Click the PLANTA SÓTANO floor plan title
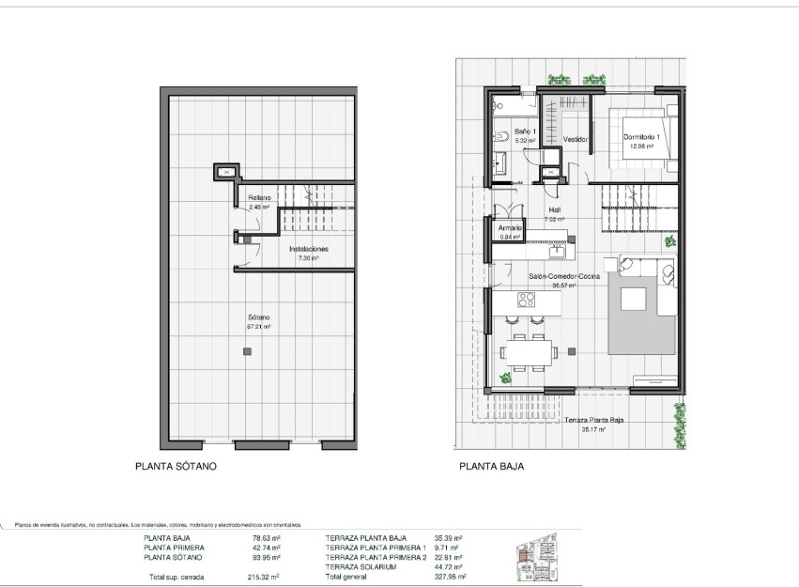[177, 465]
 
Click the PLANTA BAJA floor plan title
[491, 465]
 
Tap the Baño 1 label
[523, 131]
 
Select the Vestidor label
[576, 139]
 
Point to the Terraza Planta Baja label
[593, 423]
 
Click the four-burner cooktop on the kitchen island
[526, 301]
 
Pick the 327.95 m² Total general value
[455, 577]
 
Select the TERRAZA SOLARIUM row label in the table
[361, 567]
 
